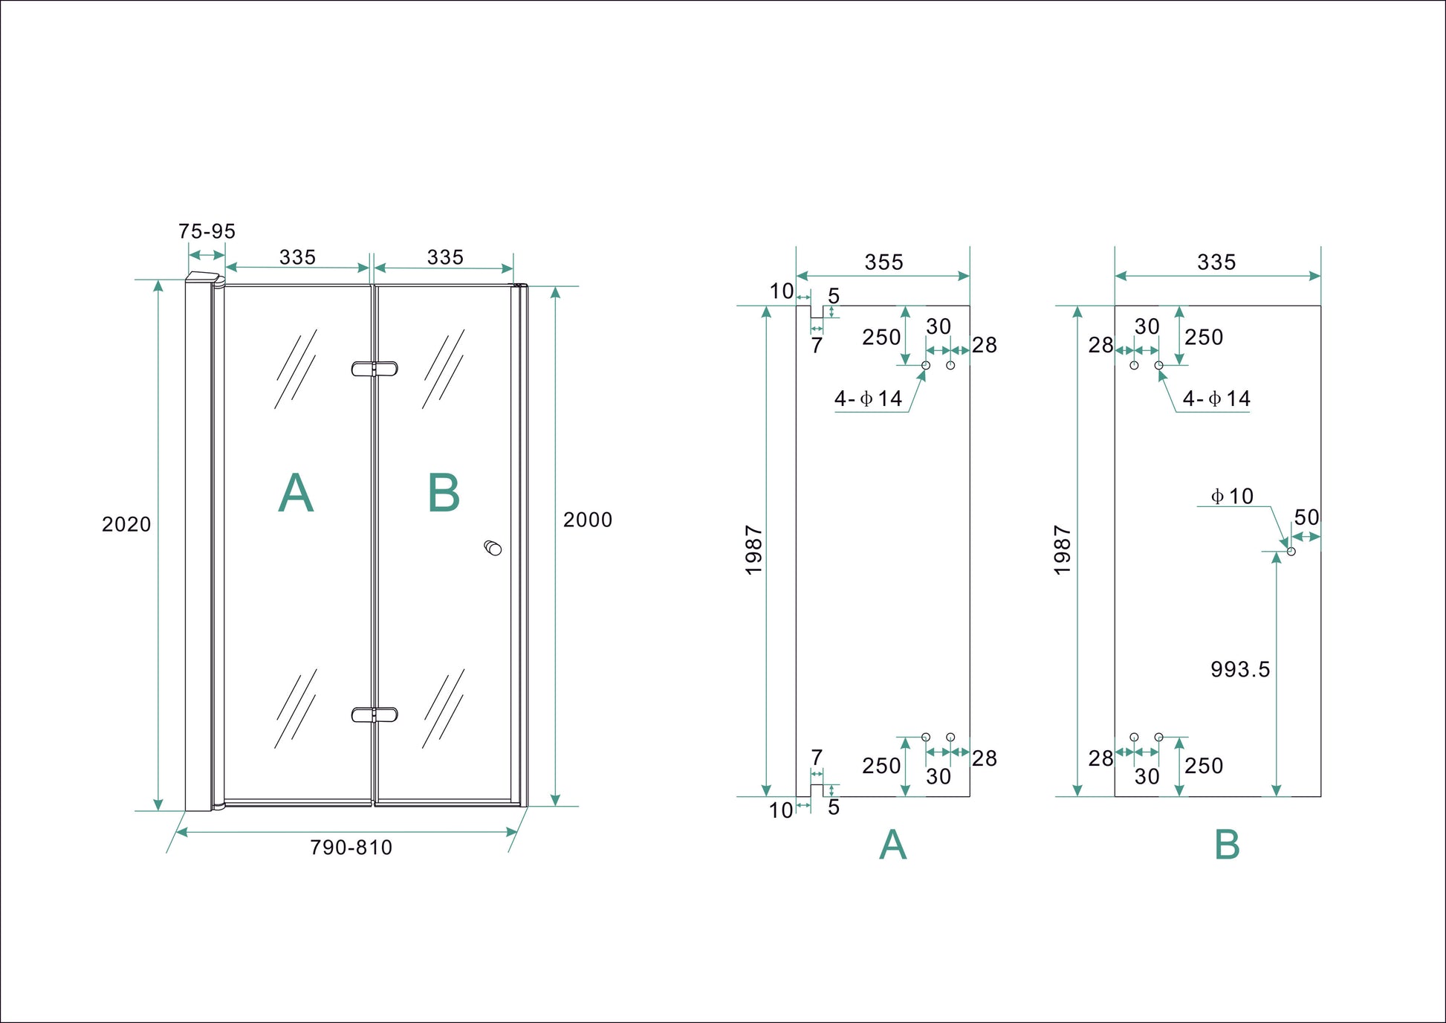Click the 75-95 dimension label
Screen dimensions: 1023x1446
point(207,231)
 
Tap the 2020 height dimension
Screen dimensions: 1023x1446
point(126,525)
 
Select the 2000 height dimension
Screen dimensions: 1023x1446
point(587,520)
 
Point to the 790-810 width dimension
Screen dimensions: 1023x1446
point(351,848)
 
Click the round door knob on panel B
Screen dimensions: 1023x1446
point(493,549)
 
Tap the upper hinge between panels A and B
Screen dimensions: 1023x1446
point(375,369)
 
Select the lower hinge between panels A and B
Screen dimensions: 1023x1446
point(375,715)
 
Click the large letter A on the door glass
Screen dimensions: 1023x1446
point(296,493)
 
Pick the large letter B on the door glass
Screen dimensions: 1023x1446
point(444,493)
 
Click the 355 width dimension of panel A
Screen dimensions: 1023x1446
point(884,262)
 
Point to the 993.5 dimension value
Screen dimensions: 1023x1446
point(1240,670)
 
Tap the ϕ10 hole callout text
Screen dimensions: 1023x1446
point(1232,496)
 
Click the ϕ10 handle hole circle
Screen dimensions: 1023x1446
point(1291,552)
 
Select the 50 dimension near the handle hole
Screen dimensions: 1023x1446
point(1306,517)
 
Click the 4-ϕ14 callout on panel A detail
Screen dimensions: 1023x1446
point(868,399)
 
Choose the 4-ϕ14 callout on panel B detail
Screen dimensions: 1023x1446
point(1216,399)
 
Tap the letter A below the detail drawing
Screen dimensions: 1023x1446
point(892,845)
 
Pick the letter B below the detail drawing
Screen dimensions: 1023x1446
point(1227,845)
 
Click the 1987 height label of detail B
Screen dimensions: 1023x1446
point(1063,551)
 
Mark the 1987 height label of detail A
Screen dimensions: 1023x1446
point(753,551)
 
